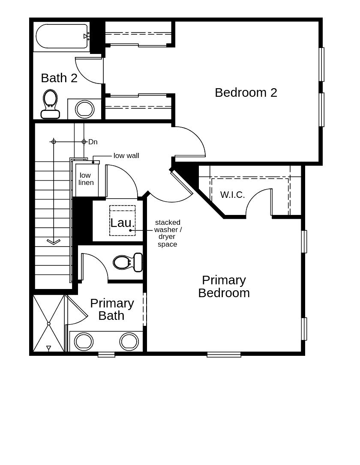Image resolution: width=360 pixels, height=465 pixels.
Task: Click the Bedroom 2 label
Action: point(246,92)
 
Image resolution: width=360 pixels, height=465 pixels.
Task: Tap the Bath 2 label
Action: point(59,78)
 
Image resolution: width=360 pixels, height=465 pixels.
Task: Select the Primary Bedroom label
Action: point(224,286)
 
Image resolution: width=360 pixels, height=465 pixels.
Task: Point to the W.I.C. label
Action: point(232,195)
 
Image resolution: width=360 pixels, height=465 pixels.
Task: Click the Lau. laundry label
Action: point(122,223)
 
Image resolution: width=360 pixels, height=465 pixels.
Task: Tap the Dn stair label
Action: point(93,142)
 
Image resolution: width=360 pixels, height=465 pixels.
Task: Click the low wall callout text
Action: point(126,155)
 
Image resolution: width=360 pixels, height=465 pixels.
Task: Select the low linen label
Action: point(86,179)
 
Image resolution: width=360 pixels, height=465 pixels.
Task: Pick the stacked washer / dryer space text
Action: point(168,233)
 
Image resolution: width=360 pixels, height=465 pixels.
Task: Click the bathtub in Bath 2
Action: point(62,36)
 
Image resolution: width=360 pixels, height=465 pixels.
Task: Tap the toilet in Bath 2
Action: point(50,104)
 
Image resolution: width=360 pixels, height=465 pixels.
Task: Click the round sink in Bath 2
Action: point(84,109)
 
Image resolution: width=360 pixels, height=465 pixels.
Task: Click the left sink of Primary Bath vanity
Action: point(84,341)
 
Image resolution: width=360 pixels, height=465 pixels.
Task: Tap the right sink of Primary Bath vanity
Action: point(129,341)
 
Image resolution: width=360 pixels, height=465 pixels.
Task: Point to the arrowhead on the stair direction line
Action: point(54,241)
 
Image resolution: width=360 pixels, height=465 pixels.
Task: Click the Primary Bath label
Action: point(112,309)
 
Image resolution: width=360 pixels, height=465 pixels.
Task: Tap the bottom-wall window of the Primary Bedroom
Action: point(224,355)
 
